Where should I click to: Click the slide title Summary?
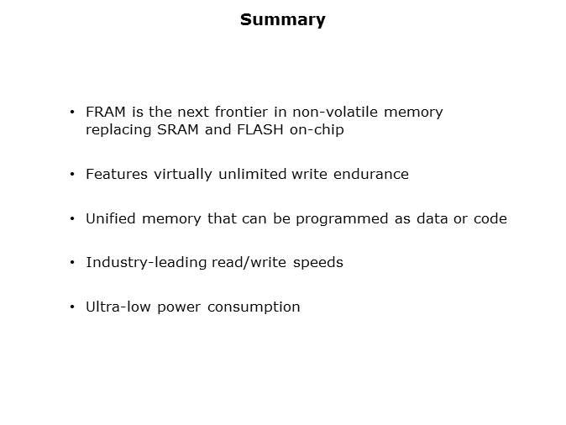click(x=283, y=20)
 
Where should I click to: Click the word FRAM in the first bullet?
click(x=106, y=112)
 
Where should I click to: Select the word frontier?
click(x=241, y=112)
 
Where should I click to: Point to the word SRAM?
click(x=178, y=129)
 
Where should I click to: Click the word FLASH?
click(x=259, y=129)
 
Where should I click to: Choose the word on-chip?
click(x=317, y=130)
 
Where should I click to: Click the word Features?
click(x=117, y=174)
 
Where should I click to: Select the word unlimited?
click(x=252, y=174)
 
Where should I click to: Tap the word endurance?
click(x=371, y=174)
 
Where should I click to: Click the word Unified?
click(x=111, y=218)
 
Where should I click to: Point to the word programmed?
click(x=342, y=219)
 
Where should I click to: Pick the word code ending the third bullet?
click(x=490, y=218)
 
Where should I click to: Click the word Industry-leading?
click(x=146, y=263)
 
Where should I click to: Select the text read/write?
click(x=249, y=263)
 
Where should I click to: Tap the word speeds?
click(x=318, y=263)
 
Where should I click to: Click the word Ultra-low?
click(x=118, y=307)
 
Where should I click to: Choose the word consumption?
click(x=254, y=307)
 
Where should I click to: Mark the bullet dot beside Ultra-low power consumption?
click(x=72, y=307)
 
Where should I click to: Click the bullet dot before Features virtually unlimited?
click(x=72, y=174)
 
